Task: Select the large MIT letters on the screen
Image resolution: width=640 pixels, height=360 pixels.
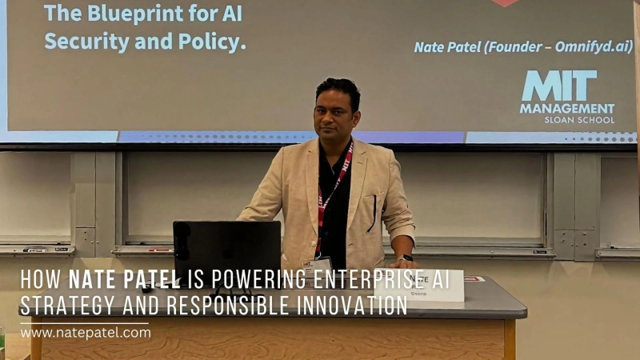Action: (x=559, y=86)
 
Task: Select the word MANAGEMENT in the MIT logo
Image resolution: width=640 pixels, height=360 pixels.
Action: (x=567, y=108)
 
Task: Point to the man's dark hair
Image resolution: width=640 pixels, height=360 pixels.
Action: (x=337, y=87)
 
